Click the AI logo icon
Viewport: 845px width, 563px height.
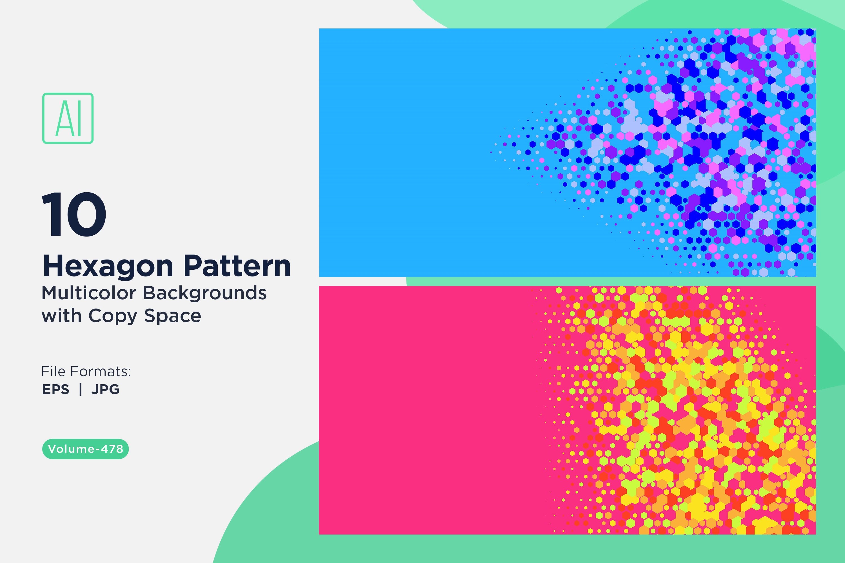click(68, 118)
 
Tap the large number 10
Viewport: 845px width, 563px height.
click(74, 214)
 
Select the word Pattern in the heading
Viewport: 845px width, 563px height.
click(237, 266)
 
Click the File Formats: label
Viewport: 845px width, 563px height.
click(86, 371)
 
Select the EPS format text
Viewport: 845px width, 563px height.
click(56, 389)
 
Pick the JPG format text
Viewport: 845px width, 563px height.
click(105, 389)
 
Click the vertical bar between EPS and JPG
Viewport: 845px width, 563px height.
click(81, 389)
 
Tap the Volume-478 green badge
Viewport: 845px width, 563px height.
click(86, 449)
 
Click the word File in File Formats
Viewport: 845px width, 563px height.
click(53, 371)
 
